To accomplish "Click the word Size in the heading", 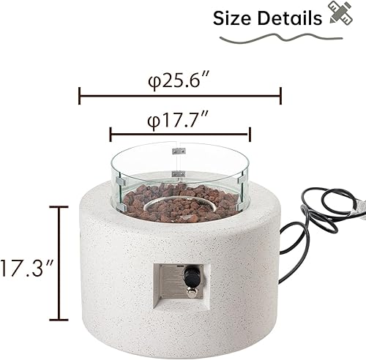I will (234, 18).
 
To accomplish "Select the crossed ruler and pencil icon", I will (337, 16).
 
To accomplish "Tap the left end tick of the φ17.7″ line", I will (111, 134).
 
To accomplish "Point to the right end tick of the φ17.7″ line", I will (250, 134).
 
